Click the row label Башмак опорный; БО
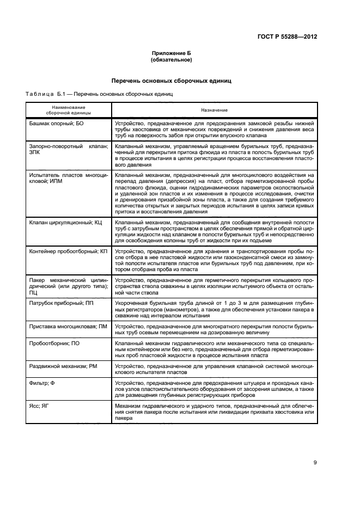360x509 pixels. [55, 124]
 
